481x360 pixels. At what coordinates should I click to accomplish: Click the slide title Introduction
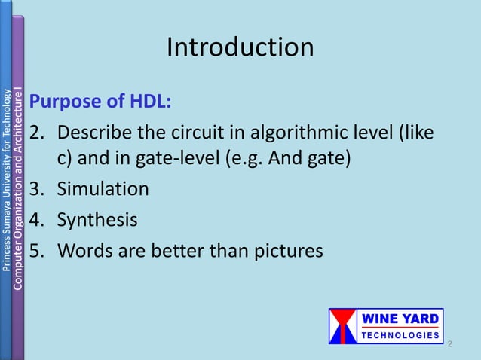[x=240, y=47]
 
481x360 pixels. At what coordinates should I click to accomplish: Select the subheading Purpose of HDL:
[x=100, y=102]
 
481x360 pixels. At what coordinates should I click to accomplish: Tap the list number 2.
[x=38, y=133]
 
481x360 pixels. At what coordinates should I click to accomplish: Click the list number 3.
[x=38, y=188]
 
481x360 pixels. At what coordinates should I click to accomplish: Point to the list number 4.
[x=38, y=220]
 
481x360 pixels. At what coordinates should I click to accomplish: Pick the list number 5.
[x=38, y=250]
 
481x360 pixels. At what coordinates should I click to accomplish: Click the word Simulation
[x=103, y=188]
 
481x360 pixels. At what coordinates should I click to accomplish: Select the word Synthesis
[x=97, y=220]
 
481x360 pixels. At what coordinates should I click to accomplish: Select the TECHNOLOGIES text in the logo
[x=402, y=334]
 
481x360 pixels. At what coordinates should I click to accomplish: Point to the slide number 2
[x=449, y=344]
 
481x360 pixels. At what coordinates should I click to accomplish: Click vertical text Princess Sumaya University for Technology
[x=7, y=181]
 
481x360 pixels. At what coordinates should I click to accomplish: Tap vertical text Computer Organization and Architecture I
[x=18, y=188]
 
